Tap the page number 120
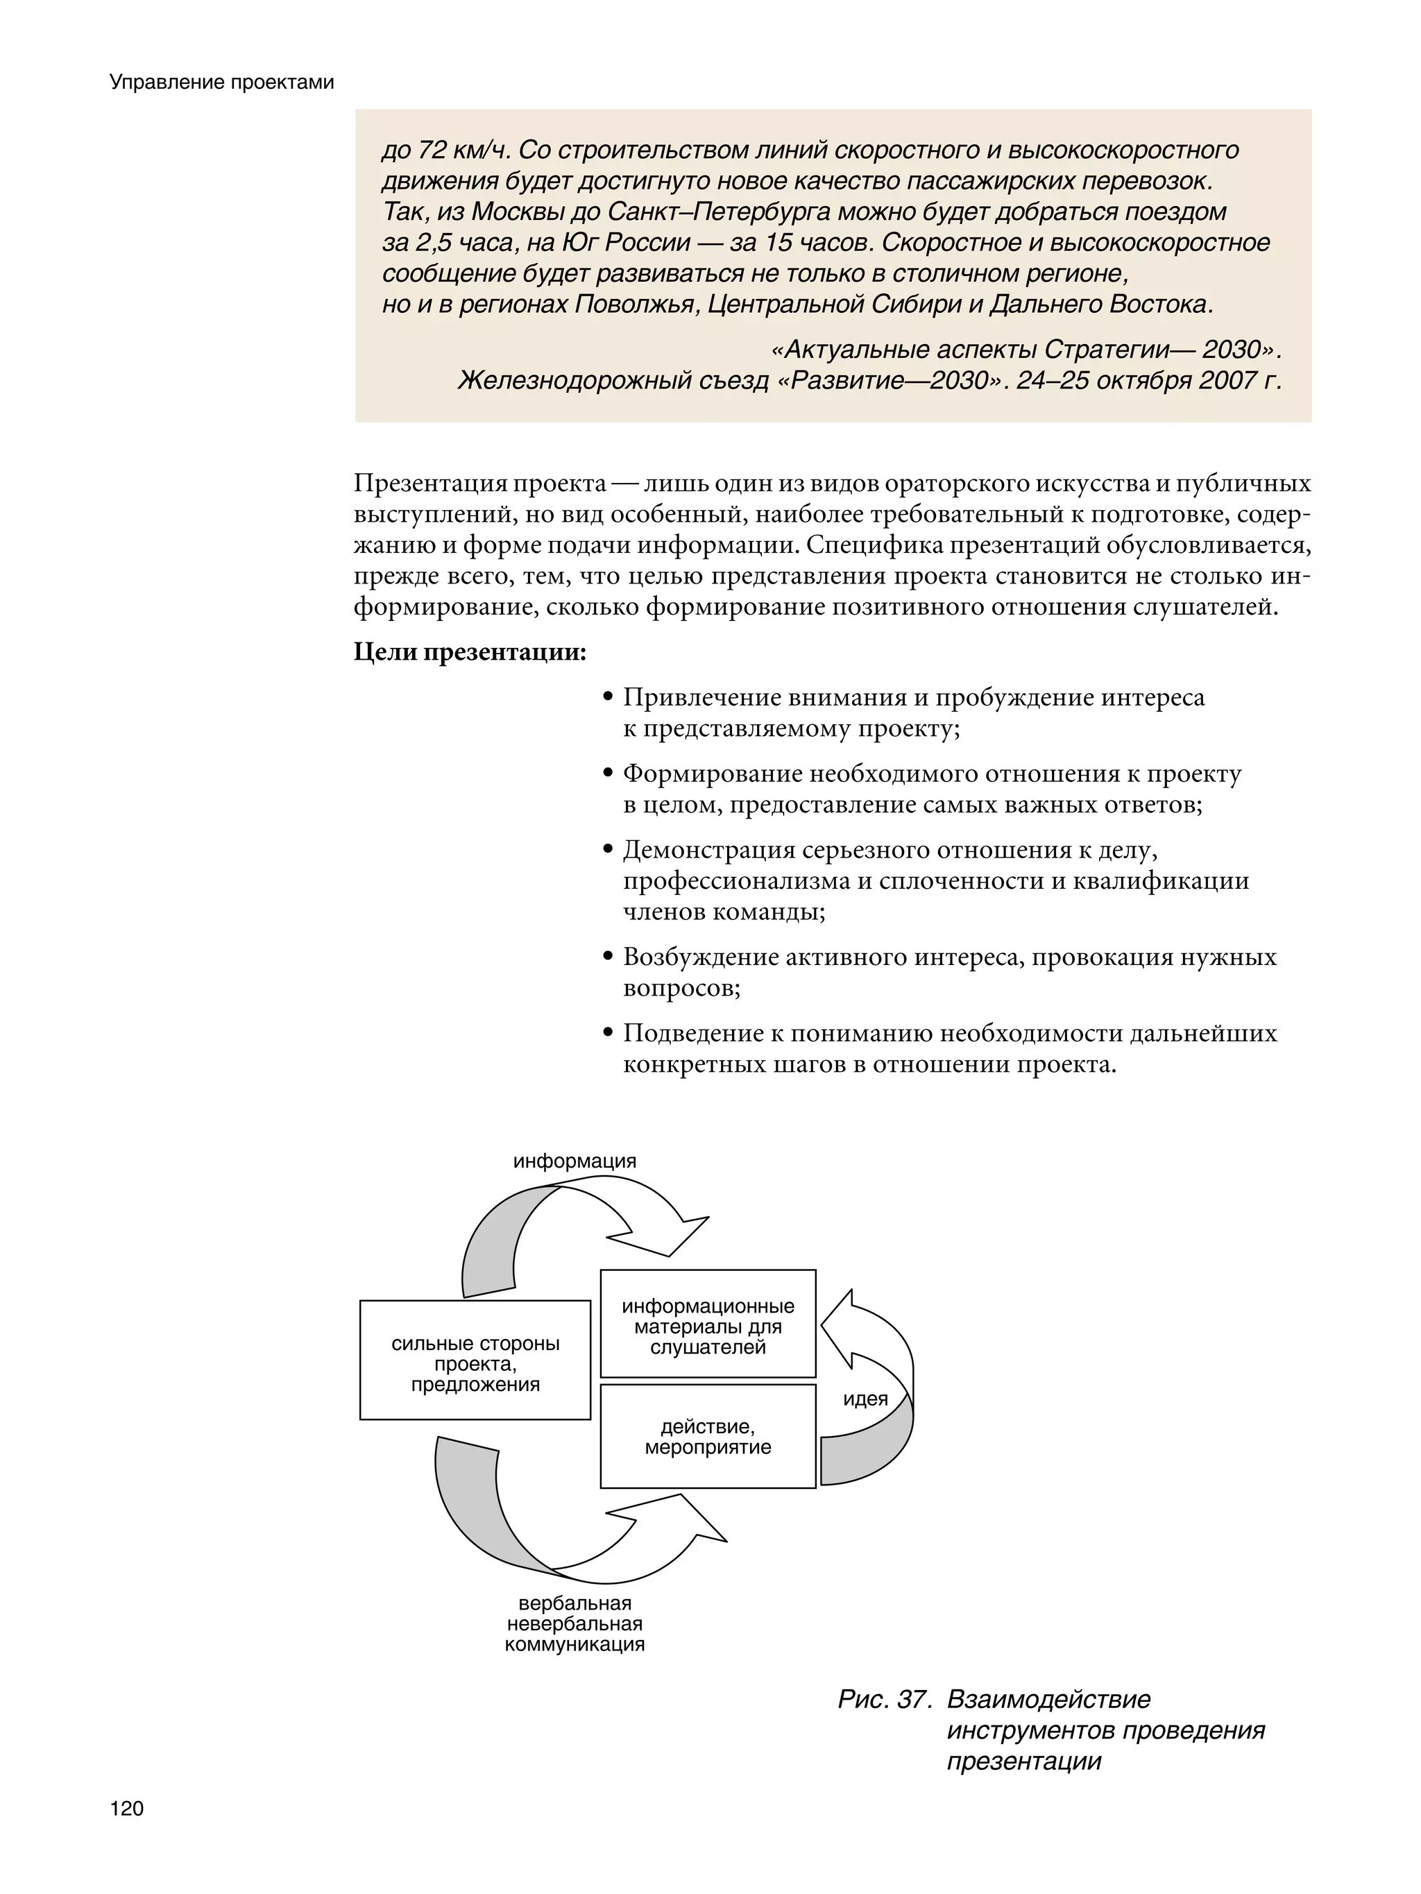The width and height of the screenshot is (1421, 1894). (127, 1809)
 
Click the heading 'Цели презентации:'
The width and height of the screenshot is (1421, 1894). (470, 652)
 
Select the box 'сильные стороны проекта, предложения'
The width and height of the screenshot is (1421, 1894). (475, 1364)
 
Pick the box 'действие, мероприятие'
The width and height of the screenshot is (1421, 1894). (708, 1437)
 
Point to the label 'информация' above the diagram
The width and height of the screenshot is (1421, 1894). (575, 1161)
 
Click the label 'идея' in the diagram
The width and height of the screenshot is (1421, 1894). (865, 1399)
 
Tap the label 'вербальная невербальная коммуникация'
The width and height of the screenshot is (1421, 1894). (575, 1623)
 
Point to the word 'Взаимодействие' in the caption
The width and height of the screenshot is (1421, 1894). (1048, 1700)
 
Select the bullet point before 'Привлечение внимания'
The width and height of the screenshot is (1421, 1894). (608, 698)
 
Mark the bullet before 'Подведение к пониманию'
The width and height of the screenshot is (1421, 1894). (608, 1034)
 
